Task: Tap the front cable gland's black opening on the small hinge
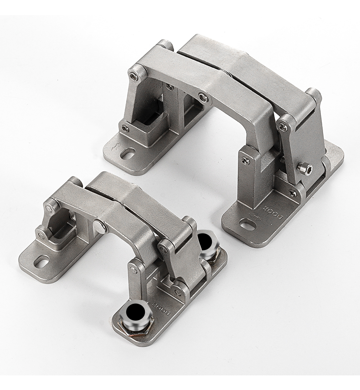[135, 312]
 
